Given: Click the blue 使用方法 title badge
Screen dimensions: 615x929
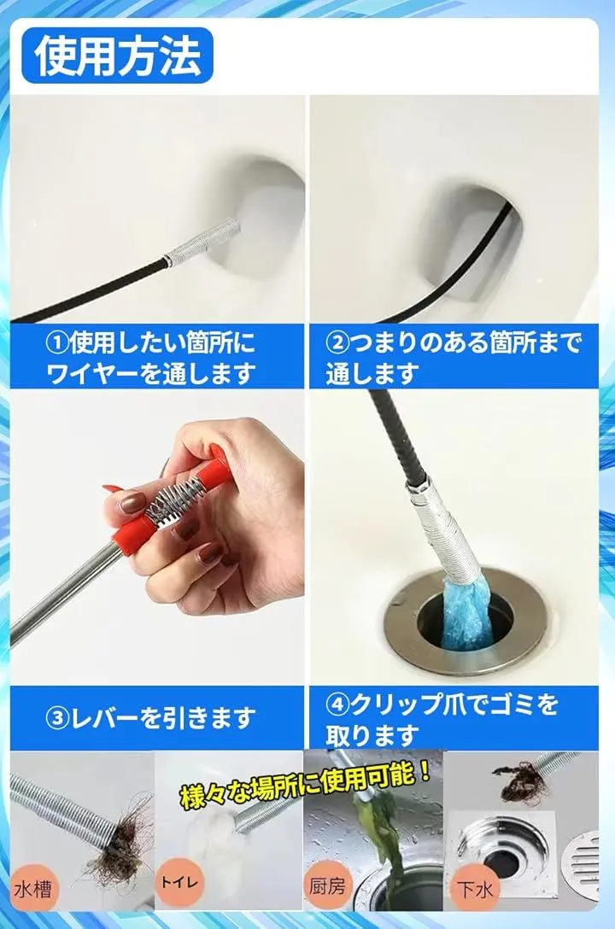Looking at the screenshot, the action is pyautogui.click(x=117, y=56).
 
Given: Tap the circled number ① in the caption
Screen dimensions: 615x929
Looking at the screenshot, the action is pyautogui.click(x=57, y=342).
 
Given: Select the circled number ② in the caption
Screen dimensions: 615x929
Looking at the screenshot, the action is pyautogui.click(x=337, y=342).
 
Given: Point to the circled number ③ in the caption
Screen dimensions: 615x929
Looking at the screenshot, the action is pyautogui.click(x=57, y=718).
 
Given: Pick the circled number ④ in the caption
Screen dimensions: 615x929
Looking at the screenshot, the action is pyautogui.click(x=337, y=704).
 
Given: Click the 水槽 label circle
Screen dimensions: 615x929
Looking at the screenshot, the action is pyautogui.click(x=34, y=888).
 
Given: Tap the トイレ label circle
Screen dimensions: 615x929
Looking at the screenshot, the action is pyautogui.click(x=179, y=884).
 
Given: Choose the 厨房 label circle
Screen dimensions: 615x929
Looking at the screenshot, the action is pyautogui.click(x=326, y=886).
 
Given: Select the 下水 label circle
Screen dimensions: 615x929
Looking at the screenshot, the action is pyautogui.click(x=475, y=890).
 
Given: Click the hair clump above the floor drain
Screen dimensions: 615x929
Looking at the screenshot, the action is pyautogui.click(x=514, y=781).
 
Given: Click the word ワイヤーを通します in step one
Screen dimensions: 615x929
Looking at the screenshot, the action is pyautogui.click(x=150, y=373).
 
